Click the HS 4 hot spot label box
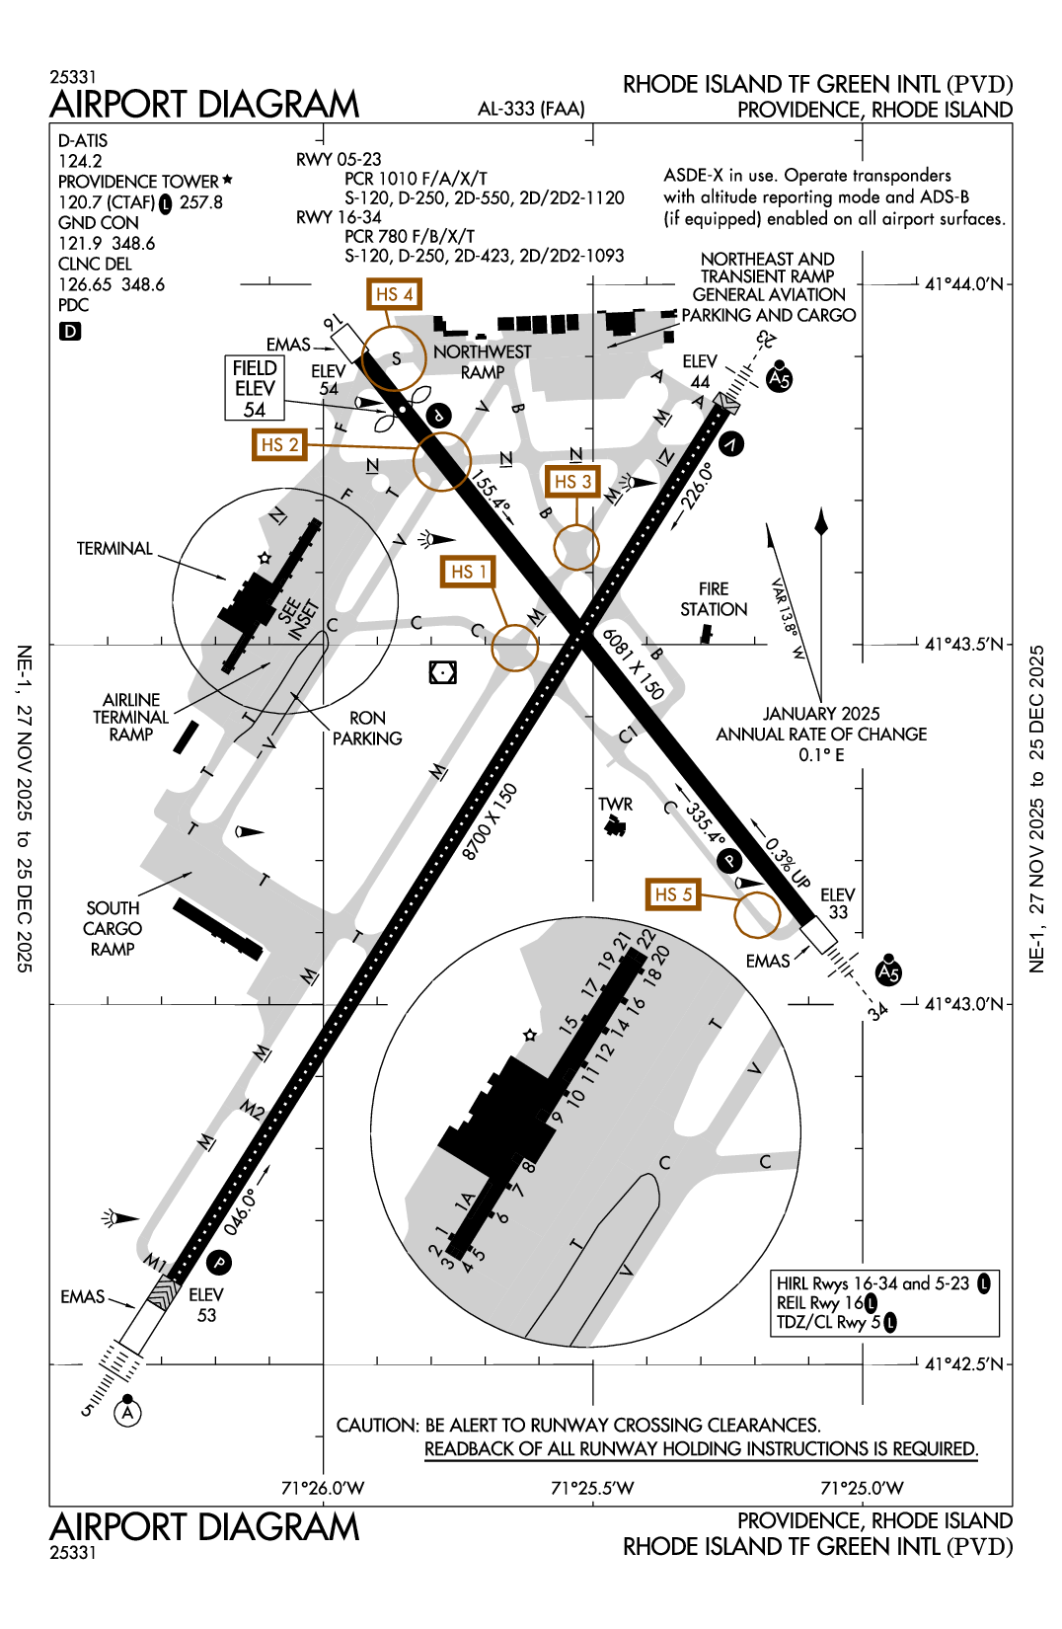pyautogui.click(x=394, y=294)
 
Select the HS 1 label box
pyautogui.click(x=468, y=572)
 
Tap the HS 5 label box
pyautogui.click(x=673, y=894)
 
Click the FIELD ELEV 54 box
pyautogui.click(x=255, y=388)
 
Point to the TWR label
pyautogui.click(x=615, y=805)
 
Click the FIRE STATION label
pyautogui.click(x=714, y=599)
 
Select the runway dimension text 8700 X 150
pyautogui.click(x=490, y=821)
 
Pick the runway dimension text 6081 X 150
pyautogui.click(x=634, y=663)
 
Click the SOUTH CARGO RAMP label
pyautogui.click(x=113, y=928)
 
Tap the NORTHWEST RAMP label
pyautogui.click(x=482, y=361)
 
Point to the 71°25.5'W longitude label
pyautogui.click(x=592, y=1488)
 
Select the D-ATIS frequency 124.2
pyautogui.click(x=80, y=161)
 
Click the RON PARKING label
pyautogui.click(x=367, y=728)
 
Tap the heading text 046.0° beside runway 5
pyautogui.click(x=240, y=1211)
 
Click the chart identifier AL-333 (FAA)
pyautogui.click(x=531, y=109)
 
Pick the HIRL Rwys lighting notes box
pyautogui.click(x=884, y=1302)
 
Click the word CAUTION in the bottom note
pyautogui.click(x=377, y=1426)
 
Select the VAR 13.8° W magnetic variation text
pyautogui.click(x=788, y=619)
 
